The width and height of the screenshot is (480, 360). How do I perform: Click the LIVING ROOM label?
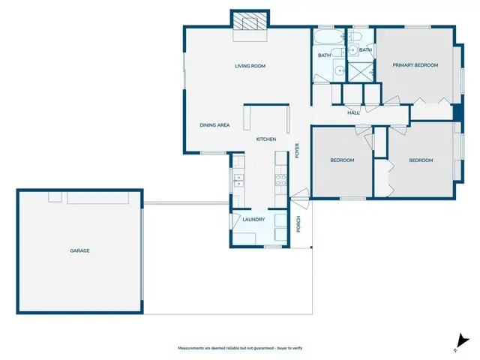click(x=250, y=66)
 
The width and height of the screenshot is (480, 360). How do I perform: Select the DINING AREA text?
click(x=214, y=124)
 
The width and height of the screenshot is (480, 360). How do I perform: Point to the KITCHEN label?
click(x=266, y=139)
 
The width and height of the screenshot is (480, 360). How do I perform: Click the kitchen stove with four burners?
click(x=281, y=179)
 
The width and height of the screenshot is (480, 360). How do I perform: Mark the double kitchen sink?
click(x=238, y=180)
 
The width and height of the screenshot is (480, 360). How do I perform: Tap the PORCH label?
click(x=298, y=224)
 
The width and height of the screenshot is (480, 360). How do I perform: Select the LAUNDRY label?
click(x=253, y=219)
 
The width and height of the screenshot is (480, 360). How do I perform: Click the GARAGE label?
click(x=79, y=250)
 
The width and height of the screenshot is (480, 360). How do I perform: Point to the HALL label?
click(x=352, y=112)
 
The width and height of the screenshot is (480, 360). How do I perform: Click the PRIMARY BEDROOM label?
click(x=415, y=65)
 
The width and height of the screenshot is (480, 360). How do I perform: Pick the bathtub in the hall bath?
click(x=328, y=37)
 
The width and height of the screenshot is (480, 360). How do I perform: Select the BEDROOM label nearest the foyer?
click(x=342, y=160)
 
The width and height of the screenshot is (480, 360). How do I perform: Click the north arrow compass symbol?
click(x=460, y=341)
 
